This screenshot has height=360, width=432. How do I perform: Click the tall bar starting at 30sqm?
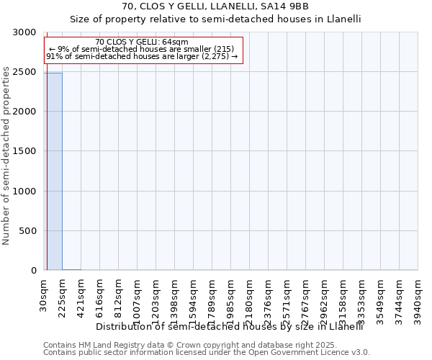point(53,171)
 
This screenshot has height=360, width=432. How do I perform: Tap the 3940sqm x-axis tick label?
point(418,298)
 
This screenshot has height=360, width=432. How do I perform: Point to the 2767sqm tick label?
point(306,298)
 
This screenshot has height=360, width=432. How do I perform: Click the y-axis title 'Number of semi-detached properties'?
point(7,152)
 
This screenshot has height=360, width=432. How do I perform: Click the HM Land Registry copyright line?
point(180,345)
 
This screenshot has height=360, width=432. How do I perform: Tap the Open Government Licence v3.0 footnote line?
point(207,353)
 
